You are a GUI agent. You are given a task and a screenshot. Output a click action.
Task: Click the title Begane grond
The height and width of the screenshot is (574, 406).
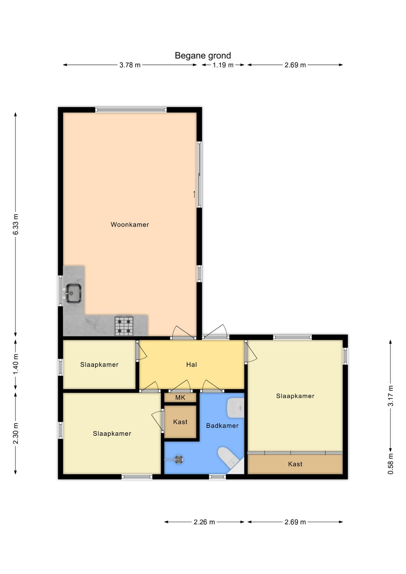click(x=203, y=56)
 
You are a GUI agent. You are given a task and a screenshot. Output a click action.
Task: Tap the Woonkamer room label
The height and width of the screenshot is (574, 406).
click(x=129, y=225)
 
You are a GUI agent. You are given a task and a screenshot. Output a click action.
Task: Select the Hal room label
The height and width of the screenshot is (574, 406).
click(x=192, y=364)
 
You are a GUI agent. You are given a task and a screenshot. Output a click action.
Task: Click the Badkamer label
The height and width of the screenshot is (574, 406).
click(x=222, y=425)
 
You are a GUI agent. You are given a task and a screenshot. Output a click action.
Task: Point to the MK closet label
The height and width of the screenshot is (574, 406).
click(x=180, y=397)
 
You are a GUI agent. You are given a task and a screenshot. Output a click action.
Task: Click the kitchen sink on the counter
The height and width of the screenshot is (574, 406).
click(x=73, y=293)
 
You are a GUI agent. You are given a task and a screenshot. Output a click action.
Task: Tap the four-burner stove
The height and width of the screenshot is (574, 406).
click(x=124, y=325)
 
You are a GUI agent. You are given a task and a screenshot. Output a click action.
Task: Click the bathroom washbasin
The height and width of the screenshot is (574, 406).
click(x=236, y=408)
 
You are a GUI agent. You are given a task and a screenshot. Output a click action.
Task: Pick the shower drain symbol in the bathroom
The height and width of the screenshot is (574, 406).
click(x=178, y=460)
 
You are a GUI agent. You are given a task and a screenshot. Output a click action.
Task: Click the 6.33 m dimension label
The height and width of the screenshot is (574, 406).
click(x=16, y=224)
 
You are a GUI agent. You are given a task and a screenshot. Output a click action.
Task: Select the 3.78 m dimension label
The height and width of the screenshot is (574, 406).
click(x=130, y=65)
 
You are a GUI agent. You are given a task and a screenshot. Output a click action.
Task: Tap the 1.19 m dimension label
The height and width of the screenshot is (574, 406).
click(x=223, y=65)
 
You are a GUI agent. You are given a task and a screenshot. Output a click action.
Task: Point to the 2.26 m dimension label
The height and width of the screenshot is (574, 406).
click(x=204, y=522)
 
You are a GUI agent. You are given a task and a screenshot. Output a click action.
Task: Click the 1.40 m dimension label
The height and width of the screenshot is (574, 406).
click(x=16, y=364)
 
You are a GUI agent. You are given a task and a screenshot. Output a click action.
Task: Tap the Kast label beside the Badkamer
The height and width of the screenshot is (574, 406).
click(x=180, y=422)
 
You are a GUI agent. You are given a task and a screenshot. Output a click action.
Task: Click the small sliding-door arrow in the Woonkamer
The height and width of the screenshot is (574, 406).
click(x=194, y=194)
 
